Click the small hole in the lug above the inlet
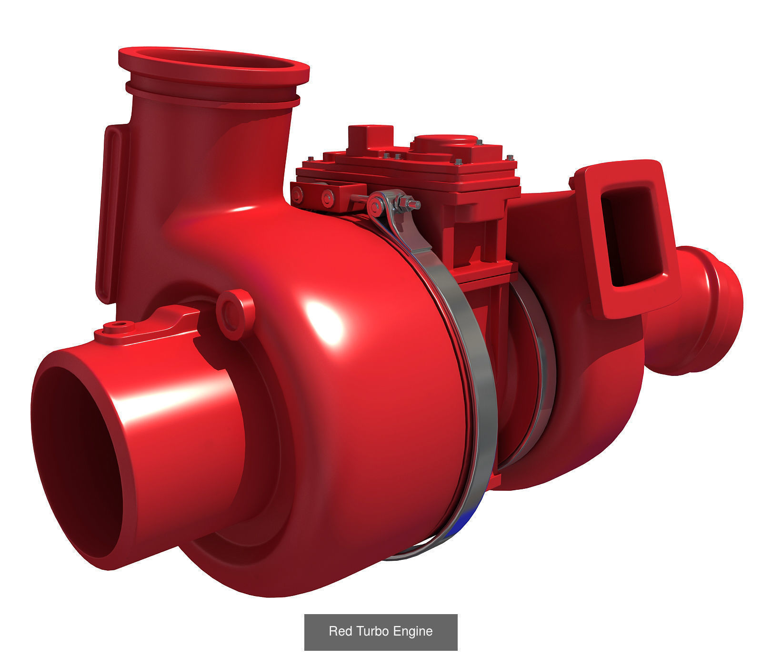coord(116,325)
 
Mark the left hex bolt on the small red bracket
coord(298,193)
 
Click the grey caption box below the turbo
coord(381,631)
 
